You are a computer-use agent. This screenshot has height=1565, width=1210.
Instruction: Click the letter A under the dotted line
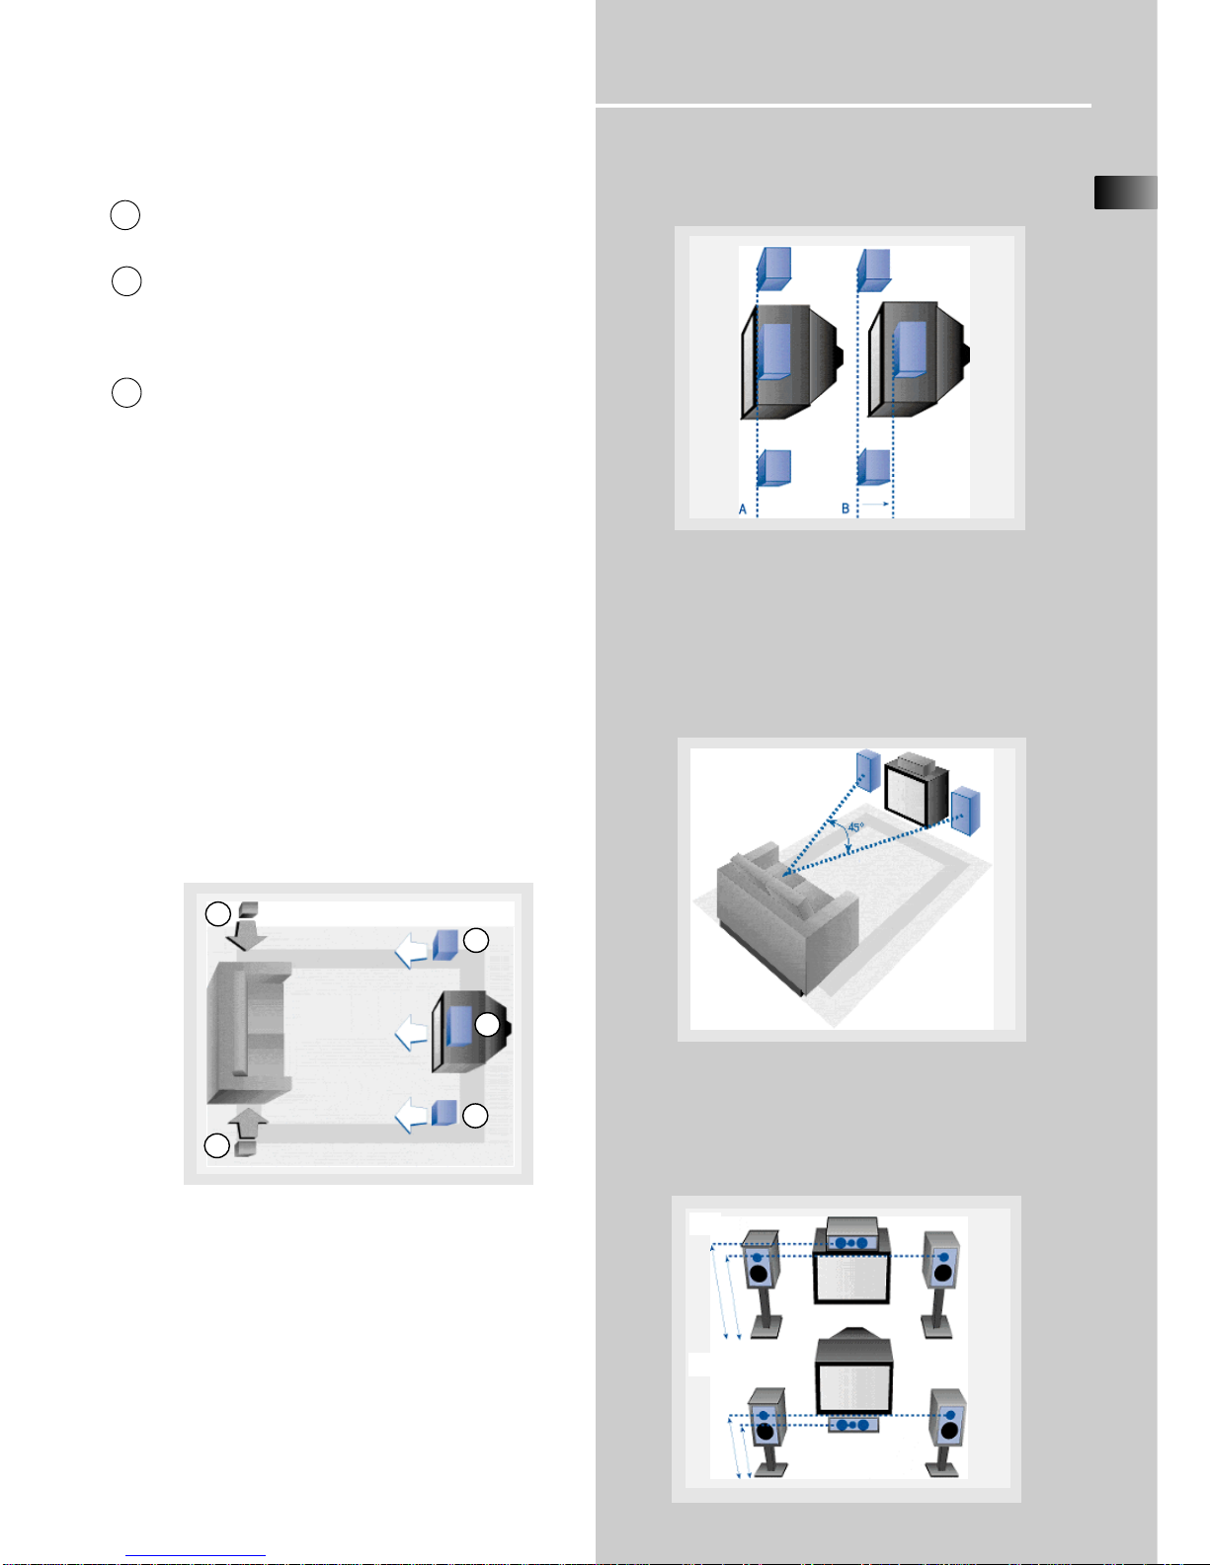pyautogui.click(x=743, y=509)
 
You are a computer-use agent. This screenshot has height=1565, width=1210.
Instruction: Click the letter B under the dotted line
pyautogui.click(x=846, y=509)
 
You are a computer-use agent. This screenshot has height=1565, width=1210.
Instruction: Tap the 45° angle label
pyautogui.click(x=855, y=827)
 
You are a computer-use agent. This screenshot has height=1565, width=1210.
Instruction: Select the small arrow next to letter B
pyautogui.click(x=876, y=505)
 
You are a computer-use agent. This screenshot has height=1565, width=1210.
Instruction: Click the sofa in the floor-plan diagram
pyautogui.click(x=249, y=1032)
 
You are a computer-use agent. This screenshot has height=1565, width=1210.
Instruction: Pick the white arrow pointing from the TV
pyautogui.click(x=412, y=1033)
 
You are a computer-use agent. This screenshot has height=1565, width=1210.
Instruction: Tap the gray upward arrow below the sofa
pyautogui.click(x=249, y=1125)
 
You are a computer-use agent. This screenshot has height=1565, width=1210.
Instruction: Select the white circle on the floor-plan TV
pyautogui.click(x=488, y=1025)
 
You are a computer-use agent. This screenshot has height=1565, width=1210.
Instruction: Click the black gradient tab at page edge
pyautogui.click(x=1126, y=193)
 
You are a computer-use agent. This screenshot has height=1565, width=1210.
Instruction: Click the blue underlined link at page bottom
pyautogui.click(x=196, y=1555)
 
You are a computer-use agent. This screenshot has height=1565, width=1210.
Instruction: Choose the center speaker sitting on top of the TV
pyautogui.click(x=851, y=1235)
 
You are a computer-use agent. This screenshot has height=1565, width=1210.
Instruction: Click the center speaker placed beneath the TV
pyautogui.click(x=853, y=1424)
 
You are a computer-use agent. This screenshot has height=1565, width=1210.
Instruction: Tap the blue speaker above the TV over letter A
pyautogui.click(x=774, y=269)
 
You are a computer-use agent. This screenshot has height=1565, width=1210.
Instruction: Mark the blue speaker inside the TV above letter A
pyautogui.click(x=773, y=351)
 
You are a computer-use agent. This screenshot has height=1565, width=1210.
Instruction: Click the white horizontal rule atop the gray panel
pyautogui.click(x=844, y=105)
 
